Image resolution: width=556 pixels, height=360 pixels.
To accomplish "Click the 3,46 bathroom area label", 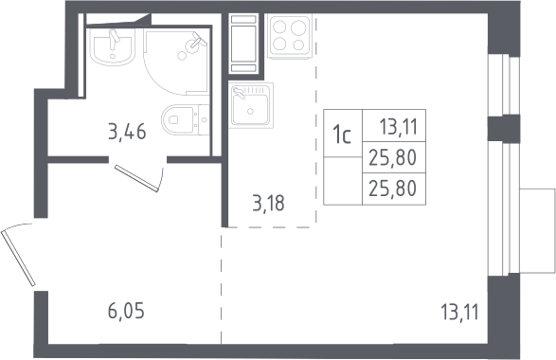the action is [127, 133].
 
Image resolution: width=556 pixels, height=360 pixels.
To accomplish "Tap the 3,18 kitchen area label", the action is [268, 204].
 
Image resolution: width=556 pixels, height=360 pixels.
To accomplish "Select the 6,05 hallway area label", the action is [126, 312].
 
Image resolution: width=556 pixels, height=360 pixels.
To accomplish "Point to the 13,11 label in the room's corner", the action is [459, 312].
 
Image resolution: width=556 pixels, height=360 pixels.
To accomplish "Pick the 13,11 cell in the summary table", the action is [394, 126].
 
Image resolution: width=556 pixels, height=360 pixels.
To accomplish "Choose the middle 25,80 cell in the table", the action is [394, 157].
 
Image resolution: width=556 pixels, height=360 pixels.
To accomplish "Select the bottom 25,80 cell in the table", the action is [394, 189].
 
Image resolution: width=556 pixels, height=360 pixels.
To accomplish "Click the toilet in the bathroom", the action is [185, 119].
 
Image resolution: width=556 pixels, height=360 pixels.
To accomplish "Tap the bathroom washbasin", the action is [113, 46].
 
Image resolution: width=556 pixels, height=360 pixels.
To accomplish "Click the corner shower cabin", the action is [176, 63].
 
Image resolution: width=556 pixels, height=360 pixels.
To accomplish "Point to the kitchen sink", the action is [251, 105].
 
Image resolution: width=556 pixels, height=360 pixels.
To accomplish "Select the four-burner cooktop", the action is [289, 37].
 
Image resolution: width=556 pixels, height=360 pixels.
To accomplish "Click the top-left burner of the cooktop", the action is [279, 27].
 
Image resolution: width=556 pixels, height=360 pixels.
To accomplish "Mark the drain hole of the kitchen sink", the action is [251, 112].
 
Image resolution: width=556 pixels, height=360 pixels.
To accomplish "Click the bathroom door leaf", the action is [136, 178].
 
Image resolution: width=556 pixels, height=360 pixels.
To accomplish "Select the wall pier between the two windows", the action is [504, 129].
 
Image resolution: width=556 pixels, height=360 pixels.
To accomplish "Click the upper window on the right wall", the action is [504, 85].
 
